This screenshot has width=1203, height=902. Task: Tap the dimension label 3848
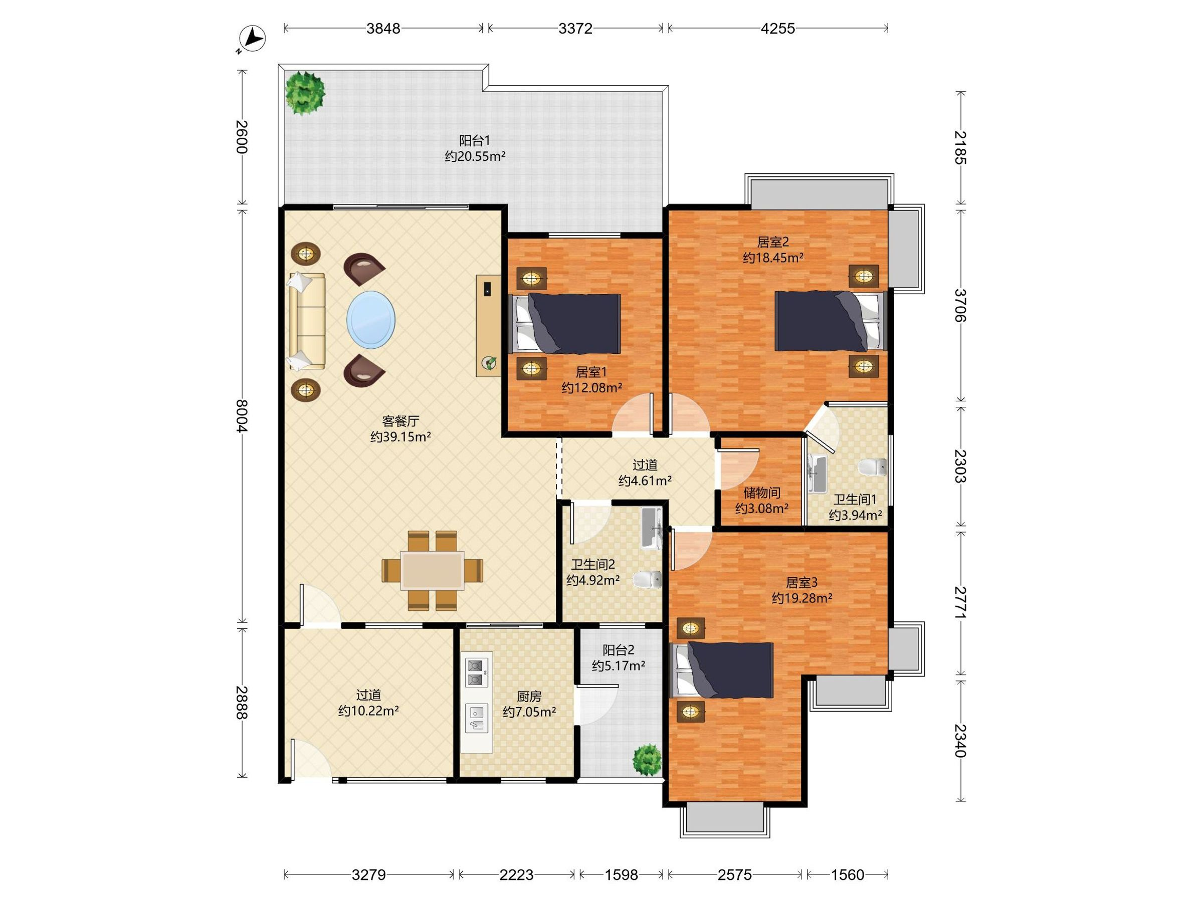[x=383, y=28]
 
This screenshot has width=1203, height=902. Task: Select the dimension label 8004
[x=242, y=416]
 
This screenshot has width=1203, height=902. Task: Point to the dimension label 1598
[x=622, y=875]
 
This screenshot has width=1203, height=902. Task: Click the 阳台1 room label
[x=474, y=141]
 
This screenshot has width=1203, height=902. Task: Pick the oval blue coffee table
[x=371, y=319]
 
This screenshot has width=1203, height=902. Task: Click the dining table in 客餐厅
[x=433, y=570]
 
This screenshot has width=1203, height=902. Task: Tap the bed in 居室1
[x=565, y=324]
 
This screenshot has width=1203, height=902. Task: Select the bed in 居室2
[x=831, y=321]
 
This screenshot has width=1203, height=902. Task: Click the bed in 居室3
[x=722, y=670]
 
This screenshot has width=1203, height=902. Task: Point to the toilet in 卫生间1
[x=872, y=467]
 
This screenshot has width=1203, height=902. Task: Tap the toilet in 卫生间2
[x=648, y=579]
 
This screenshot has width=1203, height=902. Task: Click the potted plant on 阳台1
[x=305, y=93]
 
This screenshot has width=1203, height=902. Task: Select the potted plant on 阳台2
[x=647, y=760]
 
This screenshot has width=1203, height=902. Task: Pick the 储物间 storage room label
[x=762, y=493]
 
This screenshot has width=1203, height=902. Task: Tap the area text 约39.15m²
[x=401, y=436]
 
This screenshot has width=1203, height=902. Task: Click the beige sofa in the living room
[x=307, y=321]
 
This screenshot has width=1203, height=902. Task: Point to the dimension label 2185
[x=961, y=147]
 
